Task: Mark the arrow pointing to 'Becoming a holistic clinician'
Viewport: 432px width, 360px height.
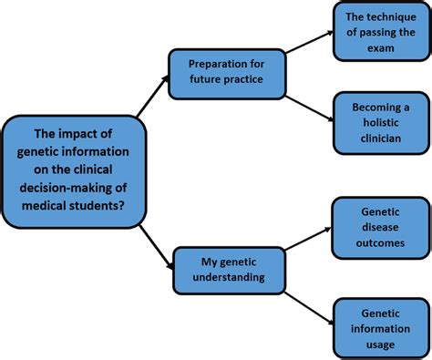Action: coord(309,100)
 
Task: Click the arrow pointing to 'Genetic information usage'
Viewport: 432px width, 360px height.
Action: coord(309,297)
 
